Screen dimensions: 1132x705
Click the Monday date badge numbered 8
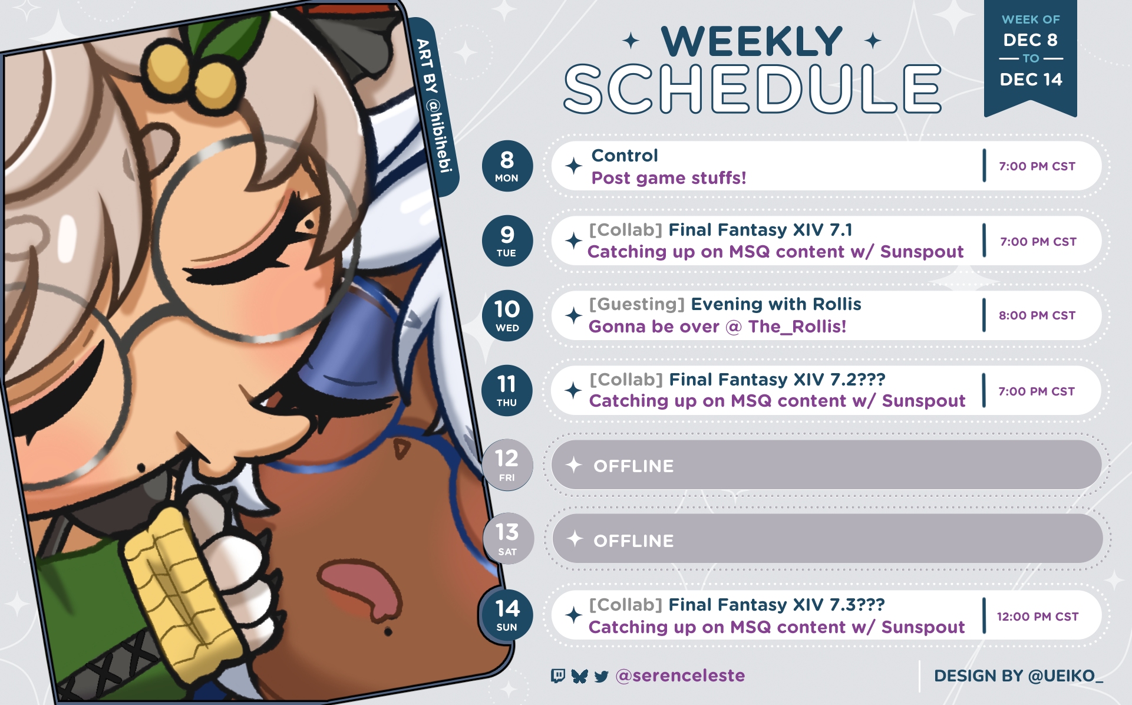point(507,166)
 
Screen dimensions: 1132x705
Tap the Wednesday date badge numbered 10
point(507,315)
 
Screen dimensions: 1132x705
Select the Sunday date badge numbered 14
point(507,615)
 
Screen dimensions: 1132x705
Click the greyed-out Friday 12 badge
point(507,465)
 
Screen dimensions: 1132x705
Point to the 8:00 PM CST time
point(1037,315)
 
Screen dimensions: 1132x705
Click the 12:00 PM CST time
point(1037,617)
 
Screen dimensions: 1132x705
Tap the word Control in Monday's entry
point(625,156)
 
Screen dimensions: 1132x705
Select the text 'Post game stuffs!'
point(669,178)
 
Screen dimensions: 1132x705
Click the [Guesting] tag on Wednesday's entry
point(637,304)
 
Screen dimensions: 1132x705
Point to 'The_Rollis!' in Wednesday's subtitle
point(797,327)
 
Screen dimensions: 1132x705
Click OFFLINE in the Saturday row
point(633,541)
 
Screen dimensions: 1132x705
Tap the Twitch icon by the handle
point(557,676)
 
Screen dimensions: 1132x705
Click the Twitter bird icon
point(601,676)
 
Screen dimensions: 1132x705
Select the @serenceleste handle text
point(680,676)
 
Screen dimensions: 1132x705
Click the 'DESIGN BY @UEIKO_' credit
point(1018,676)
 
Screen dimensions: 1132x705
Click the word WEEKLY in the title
point(752,41)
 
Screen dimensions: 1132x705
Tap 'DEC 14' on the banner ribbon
point(1031,80)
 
